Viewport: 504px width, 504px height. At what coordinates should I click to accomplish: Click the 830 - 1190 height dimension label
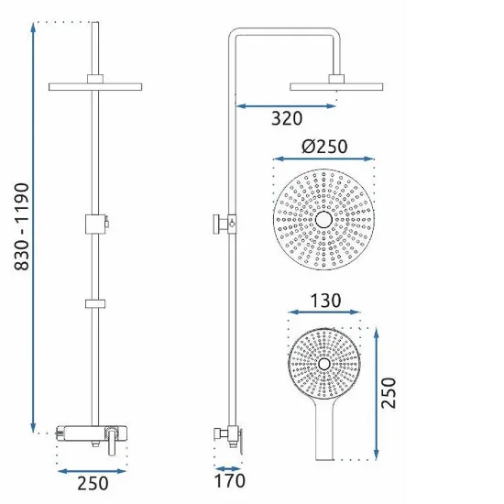(x=22, y=226)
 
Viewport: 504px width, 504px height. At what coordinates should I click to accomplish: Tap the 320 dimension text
(x=287, y=118)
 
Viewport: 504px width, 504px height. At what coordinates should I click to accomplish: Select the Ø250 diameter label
(x=324, y=147)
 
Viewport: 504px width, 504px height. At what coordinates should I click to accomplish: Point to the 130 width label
(x=325, y=301)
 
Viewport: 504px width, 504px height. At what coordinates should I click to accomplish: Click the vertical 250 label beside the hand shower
(x=389, y=393)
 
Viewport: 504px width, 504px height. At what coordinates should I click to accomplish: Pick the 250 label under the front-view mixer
(x=93, y=483)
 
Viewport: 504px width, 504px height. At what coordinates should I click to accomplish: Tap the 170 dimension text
(x=229, y=481)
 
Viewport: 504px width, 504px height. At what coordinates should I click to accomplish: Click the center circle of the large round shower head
(x=323, y=220)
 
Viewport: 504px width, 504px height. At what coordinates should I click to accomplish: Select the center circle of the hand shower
(x=324, y=364)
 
